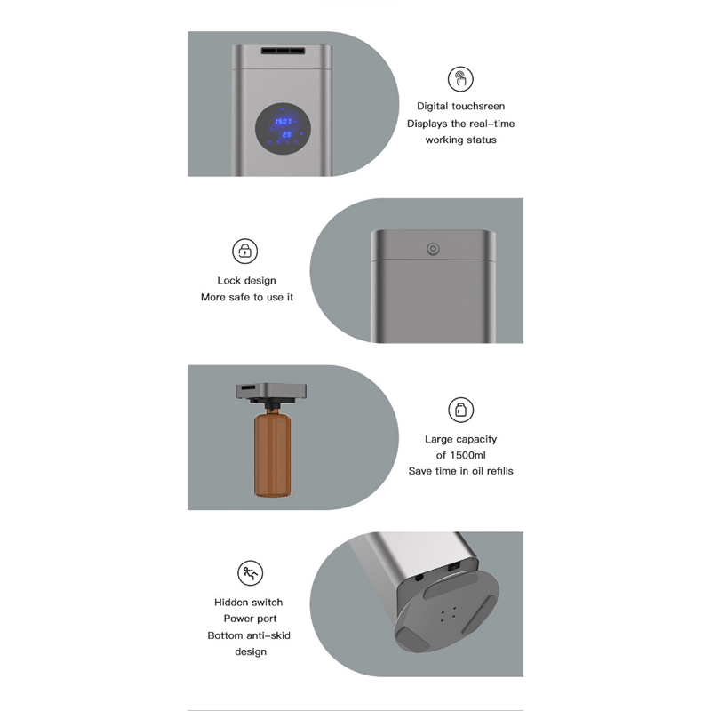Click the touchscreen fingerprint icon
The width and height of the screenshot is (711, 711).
pos(460,79)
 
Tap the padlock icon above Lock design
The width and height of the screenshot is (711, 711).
pos(245,251)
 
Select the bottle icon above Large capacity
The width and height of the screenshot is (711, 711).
pos(460,410)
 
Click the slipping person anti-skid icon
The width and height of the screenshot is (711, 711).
pos(251,572)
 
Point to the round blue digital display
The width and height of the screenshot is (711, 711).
pos(283,128)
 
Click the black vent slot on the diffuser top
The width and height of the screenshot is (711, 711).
pos(283,51)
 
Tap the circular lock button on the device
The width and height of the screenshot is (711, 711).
pos(433,249)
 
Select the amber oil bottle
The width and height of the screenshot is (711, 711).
pos(273,453)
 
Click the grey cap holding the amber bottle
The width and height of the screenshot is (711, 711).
pos(271,392)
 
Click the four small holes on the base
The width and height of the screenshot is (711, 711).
pos(448,613)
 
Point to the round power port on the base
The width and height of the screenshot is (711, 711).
pos(419,577)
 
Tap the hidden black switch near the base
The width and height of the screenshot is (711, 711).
pos(453,566)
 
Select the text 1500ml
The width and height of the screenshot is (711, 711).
pos(467,455)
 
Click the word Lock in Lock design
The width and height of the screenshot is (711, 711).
pos(228,280)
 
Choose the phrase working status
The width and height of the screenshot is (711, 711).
pos(460,140)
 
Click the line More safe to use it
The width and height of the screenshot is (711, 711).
pos(247,297)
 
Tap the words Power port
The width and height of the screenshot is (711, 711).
pos(250,619)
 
